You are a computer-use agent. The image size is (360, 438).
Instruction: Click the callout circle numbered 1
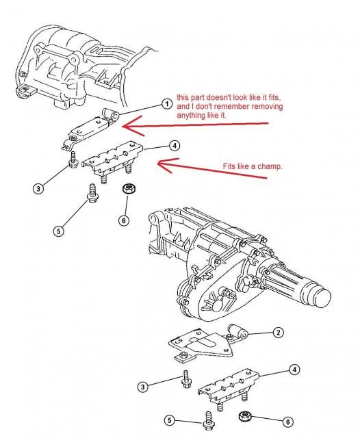click(x=166, y=104)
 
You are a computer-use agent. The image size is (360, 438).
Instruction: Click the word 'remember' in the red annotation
click(x=225, y=107)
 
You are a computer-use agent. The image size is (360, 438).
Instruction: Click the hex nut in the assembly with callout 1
click(x=126, y=188)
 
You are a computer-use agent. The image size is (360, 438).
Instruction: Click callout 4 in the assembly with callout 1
click(x=175, y=145)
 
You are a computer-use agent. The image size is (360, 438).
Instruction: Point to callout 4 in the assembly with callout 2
click(x=294, y=370)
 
